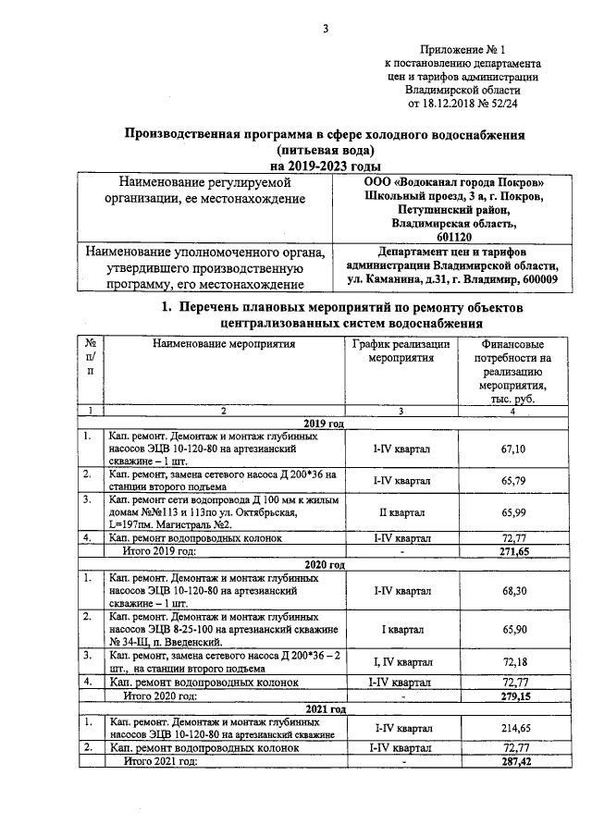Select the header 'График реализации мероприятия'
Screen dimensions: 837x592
[401, 351]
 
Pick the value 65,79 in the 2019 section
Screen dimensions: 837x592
[513, 480]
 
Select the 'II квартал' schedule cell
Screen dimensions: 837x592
[401, 511]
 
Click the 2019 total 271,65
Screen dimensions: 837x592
[513, 550]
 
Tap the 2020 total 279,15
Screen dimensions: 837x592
[513, 695]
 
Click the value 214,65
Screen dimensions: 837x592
[513, 728]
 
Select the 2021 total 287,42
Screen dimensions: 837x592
[513, 760]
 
